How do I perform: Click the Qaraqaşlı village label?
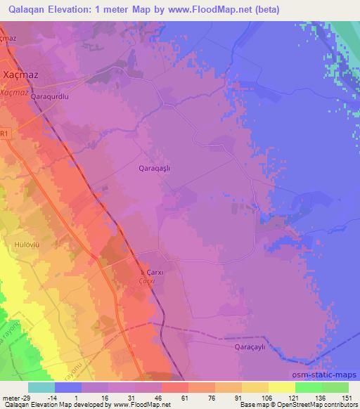[x=155, y=169]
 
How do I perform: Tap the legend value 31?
[x=113, y=398]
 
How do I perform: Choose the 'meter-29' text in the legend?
[x=15, y=398]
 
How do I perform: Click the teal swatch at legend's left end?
[x=41, y=387]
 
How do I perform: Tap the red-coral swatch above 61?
[x=175, y=387]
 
